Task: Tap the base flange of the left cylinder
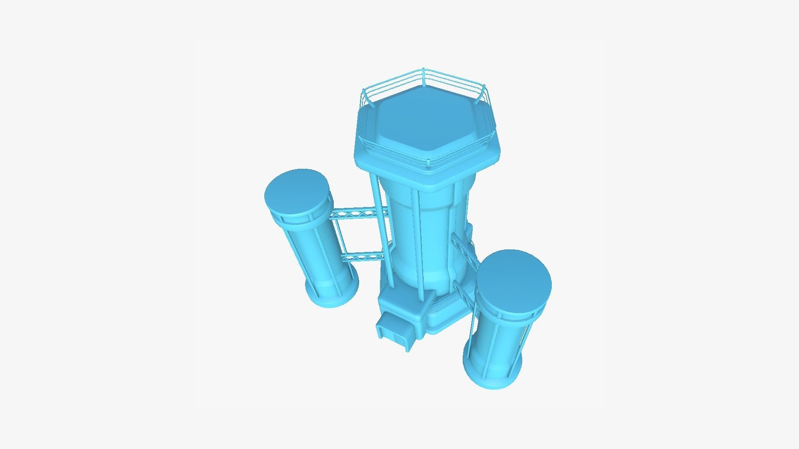[333, 297]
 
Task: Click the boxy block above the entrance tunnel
[406, 306]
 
